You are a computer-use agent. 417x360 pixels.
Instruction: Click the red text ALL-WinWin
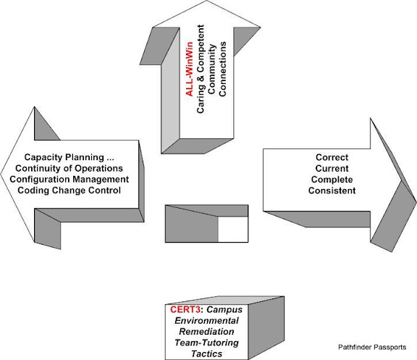pos(189,69)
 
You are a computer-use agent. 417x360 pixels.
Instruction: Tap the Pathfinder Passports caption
pos(372,347)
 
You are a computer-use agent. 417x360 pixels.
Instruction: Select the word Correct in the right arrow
pos(332,157)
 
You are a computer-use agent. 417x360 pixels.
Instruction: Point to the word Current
pos(332,169)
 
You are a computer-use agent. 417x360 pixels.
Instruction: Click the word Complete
pos(332,180)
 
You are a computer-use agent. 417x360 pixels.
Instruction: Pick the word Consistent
pos(332,191)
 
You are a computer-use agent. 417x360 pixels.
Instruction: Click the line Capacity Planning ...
pos(69,157)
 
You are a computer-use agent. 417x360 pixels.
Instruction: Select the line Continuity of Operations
pos(69,169)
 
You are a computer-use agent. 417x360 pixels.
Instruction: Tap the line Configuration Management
pos(69,180)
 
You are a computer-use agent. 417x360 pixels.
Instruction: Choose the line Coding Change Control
pos(69,191)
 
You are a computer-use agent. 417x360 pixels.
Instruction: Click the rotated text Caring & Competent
pos(201,69)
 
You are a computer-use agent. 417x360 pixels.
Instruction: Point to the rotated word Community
pos(211,69)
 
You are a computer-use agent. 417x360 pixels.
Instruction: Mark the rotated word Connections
pos(222,69)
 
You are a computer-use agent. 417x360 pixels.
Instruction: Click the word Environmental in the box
pos(206,321)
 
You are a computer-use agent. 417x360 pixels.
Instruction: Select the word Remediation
pos(206,332)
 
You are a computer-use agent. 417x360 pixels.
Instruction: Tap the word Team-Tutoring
pos(206,343)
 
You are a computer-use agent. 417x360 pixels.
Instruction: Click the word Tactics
pos(206,354)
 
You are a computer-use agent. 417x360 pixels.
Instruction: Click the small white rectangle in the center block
pos(233,229)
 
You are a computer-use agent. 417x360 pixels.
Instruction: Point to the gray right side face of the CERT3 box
pos(266,328)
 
